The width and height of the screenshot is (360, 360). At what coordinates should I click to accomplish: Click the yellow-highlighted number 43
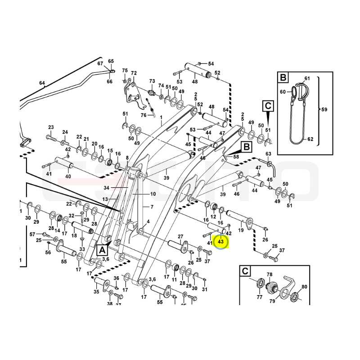[220, 242]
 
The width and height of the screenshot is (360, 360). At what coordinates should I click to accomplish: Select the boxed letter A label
[102, 250]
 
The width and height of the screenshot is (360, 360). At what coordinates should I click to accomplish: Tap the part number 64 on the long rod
[42, 83]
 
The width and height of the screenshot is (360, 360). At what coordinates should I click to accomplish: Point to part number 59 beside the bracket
[324, 109]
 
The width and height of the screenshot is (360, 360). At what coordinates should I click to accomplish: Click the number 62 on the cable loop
[310, 139]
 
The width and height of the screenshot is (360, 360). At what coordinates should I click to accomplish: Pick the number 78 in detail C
[270, 274]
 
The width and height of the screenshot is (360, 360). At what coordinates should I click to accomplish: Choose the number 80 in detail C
[304, 287]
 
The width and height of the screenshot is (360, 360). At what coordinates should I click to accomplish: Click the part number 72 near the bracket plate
[134, 73]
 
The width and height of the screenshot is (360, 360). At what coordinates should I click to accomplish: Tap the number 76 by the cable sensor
[144, 115]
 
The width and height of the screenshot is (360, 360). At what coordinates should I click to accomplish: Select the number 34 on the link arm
[106, 188]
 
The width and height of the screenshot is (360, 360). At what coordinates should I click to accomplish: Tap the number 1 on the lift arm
[161, 117]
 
